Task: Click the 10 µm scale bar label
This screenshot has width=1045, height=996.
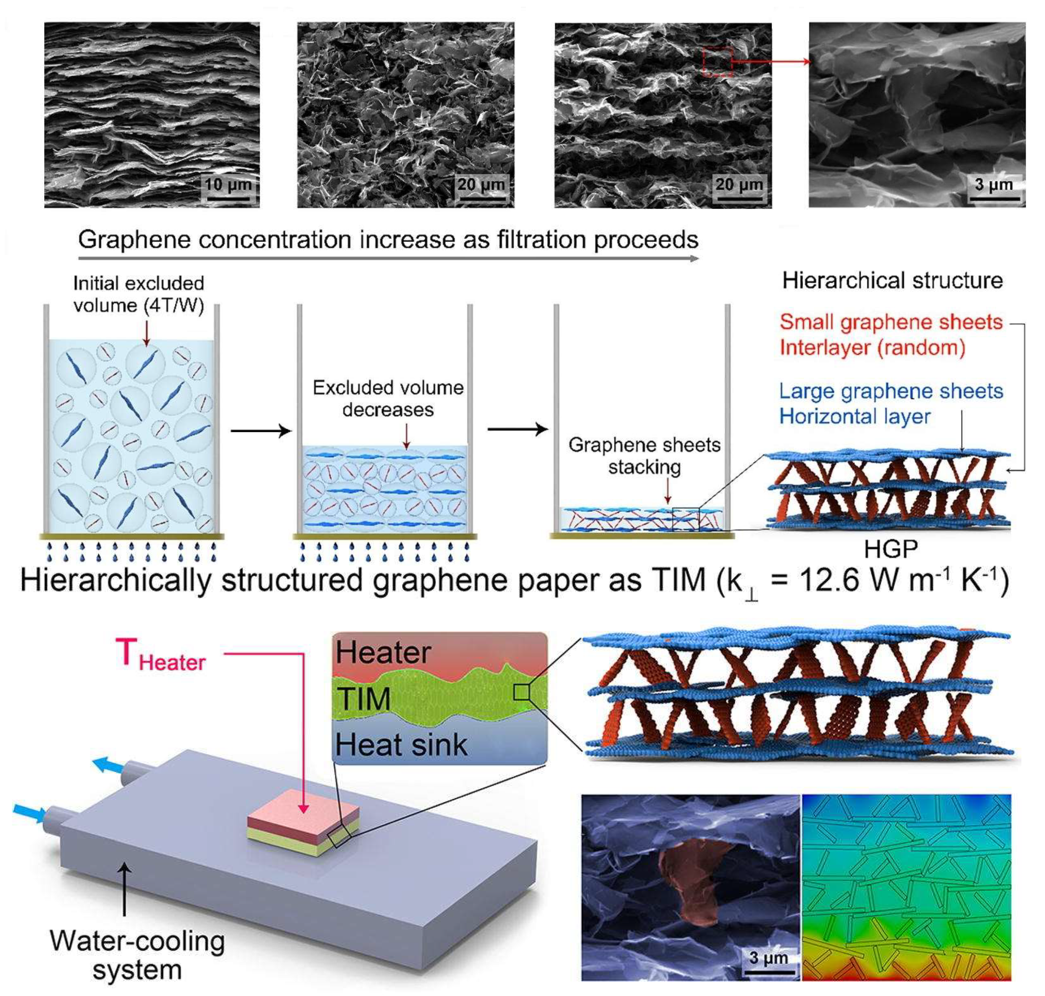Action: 228,185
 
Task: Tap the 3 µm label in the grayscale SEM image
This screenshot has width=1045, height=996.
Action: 993,185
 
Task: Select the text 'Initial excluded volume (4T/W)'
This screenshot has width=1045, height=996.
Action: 139,294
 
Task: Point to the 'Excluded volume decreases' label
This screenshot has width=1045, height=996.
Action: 388,398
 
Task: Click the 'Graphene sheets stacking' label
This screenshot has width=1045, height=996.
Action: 644,456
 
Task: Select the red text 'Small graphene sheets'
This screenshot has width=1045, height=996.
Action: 890,322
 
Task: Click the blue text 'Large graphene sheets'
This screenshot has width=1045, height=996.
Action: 890,391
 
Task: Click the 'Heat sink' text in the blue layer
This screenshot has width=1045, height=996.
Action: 401,744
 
